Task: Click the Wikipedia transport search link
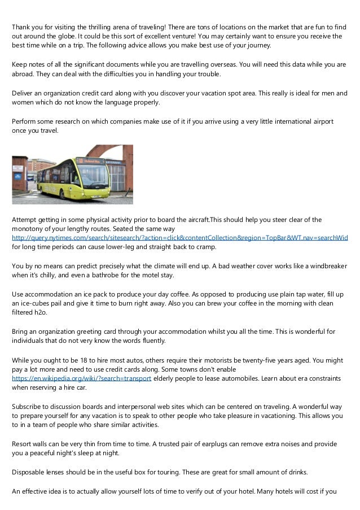point(81,378)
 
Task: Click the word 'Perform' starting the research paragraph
point(25,121)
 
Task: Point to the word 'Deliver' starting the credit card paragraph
point(24,93)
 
